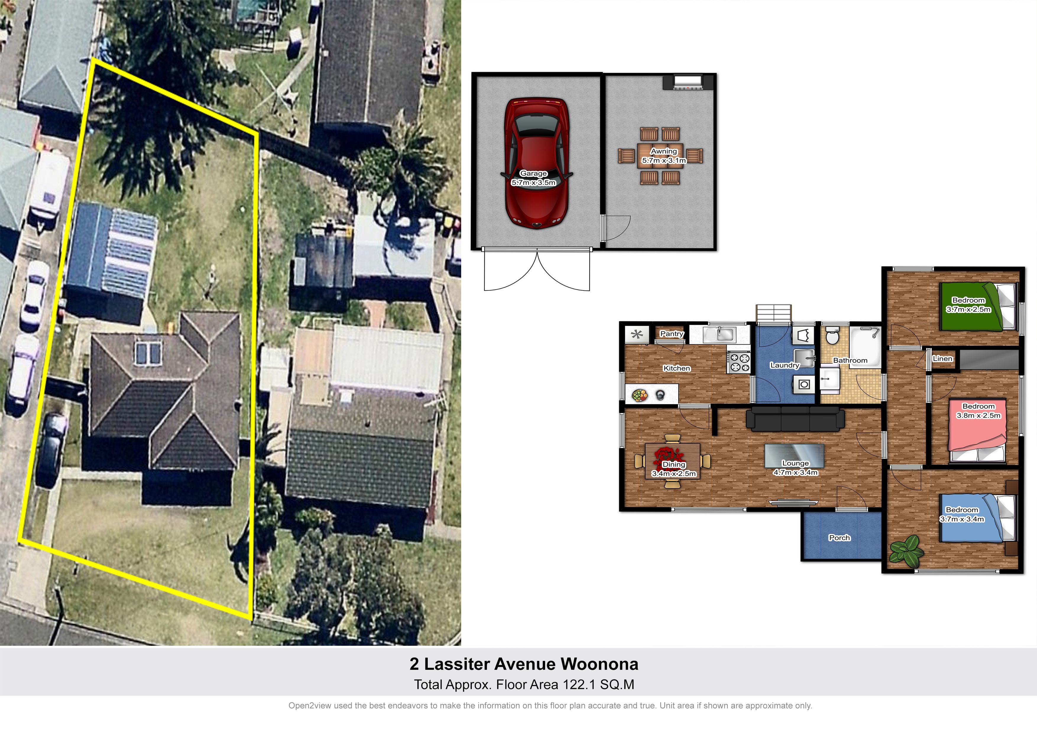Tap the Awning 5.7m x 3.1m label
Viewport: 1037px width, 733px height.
pos(664,156)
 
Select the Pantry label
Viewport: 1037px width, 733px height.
pos(672,334)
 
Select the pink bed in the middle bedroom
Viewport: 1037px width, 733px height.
pos(978,430)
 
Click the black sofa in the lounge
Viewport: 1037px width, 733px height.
pos(795,419)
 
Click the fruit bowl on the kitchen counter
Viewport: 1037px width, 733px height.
pos(639,396)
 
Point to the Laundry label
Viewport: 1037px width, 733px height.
pos(785,365)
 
